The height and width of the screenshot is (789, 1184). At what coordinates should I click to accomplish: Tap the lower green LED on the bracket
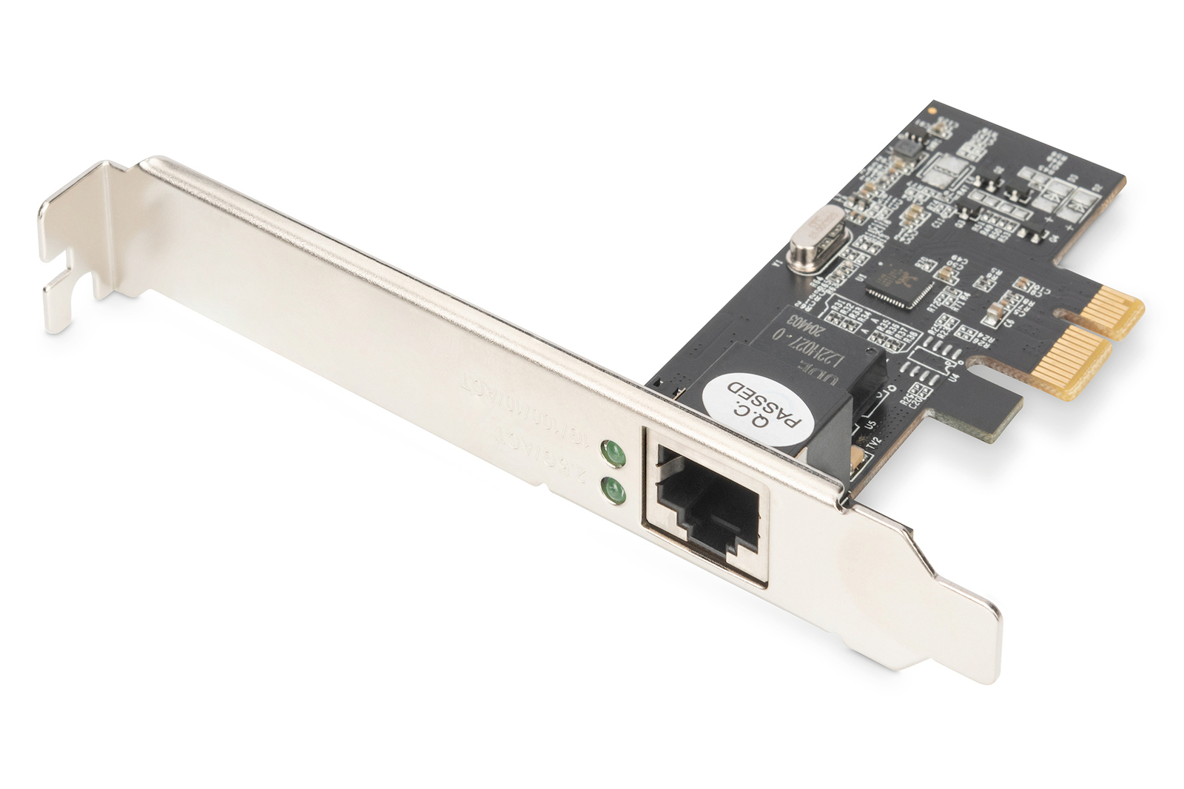pyautogui.click(x=612, y=489)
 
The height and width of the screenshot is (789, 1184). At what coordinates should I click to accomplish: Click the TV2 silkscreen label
pyautogui.click(x=875, y=445)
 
